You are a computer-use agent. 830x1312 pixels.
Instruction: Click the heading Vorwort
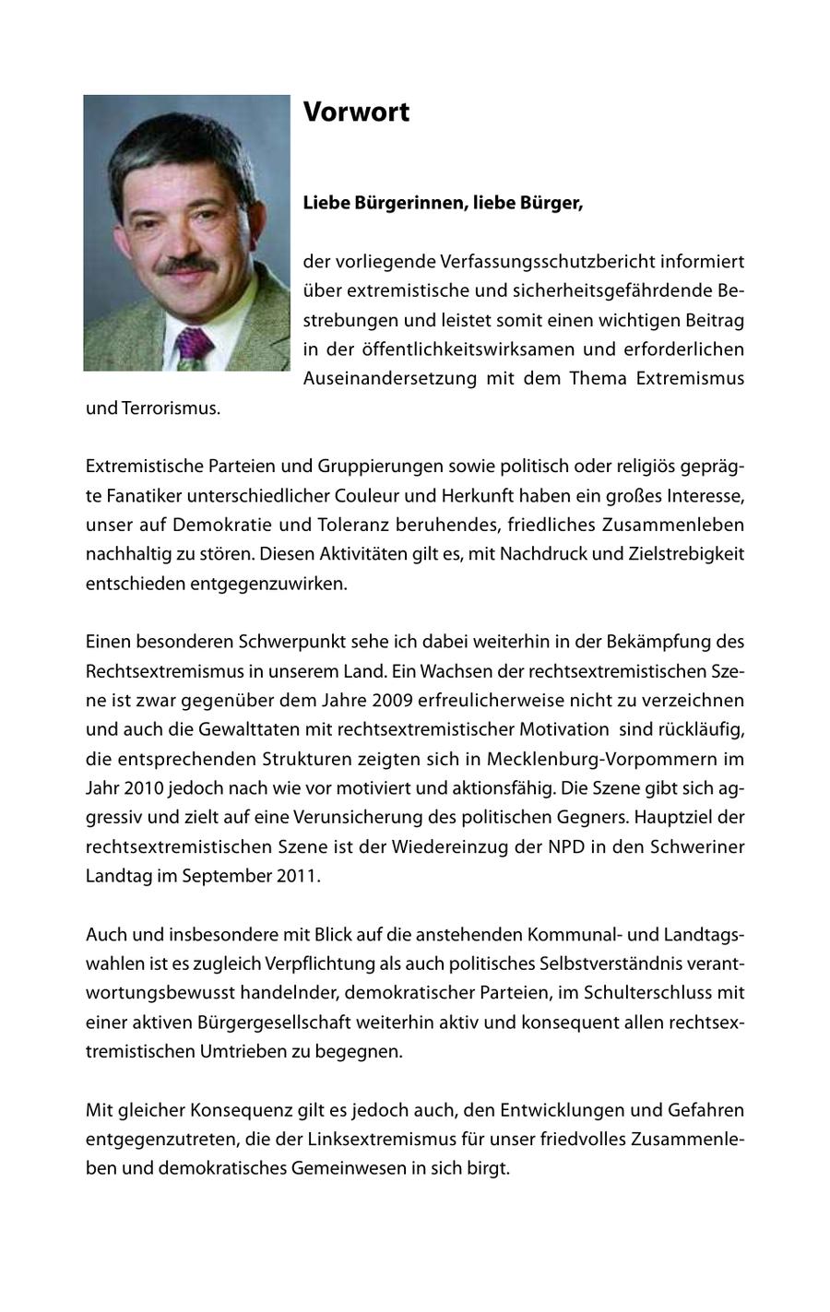(356, 112)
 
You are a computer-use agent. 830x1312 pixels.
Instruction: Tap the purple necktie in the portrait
(194, 348)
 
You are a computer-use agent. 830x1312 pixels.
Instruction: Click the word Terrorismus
(171, 408)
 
